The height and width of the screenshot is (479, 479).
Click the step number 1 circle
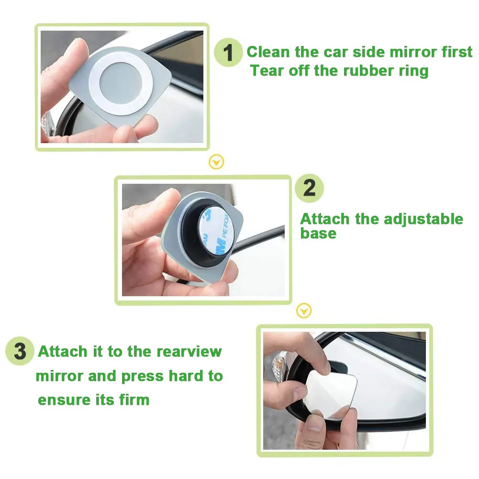[228, 53]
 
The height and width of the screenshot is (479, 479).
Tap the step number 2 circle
[309, 188]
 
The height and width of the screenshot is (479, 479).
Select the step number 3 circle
[20, 351]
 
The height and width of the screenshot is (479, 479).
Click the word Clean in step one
[268, 52]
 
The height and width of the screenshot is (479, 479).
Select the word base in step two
[318, 234]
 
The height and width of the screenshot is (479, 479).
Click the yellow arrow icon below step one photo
[216, 162]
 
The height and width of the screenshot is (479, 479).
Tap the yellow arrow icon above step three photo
[304, 311]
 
